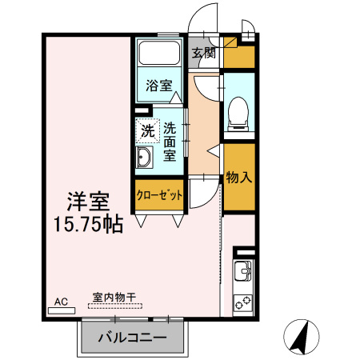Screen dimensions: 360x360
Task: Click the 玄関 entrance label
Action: [x=203, y=54]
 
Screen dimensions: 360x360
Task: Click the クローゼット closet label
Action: [x=160, y=194]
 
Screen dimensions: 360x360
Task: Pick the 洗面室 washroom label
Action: [x=170, y=142]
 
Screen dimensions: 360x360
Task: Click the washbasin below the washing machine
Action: [x=146, y=157]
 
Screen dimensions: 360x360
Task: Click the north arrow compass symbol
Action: [x=300, y=337]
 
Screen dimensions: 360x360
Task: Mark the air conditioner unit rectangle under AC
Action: [x=62, y=311]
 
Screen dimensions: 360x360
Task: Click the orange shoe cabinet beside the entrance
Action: [x=238, y=56]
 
